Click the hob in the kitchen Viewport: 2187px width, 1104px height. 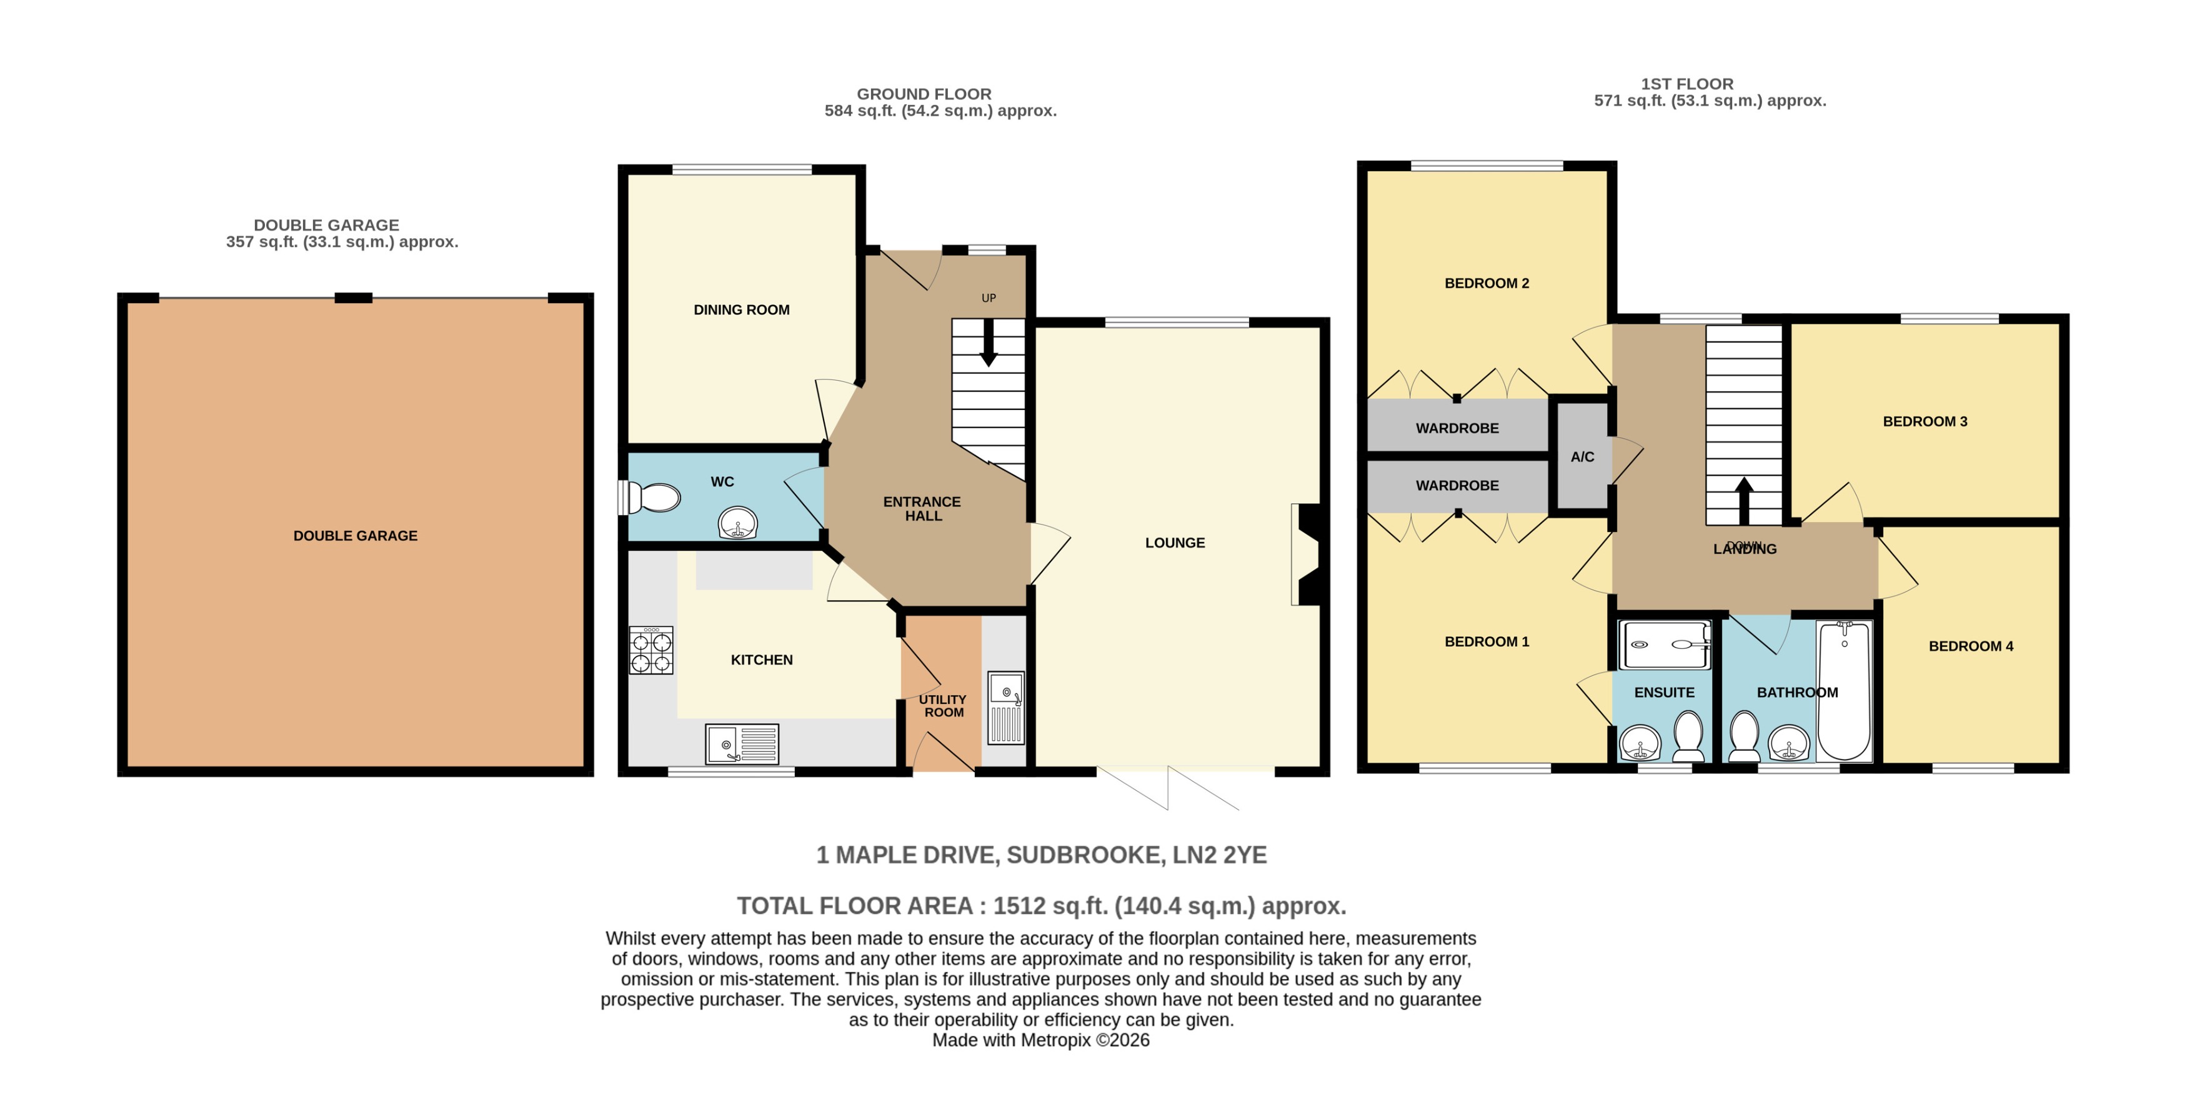[x=650, y=651]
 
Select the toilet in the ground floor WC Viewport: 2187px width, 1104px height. [x=654, y=498]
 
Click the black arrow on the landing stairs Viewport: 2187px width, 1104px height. [x=1744, y=499]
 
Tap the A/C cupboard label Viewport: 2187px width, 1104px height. [x=1582, y=457]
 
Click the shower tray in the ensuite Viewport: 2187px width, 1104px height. [x=1664, y=645]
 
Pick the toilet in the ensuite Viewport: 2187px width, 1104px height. [x=1688, y=735]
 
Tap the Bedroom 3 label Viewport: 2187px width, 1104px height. [x=1924, y=421]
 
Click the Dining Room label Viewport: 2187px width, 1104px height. [x=741, y=310]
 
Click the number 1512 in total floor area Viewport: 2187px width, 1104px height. [x=1019, y=906]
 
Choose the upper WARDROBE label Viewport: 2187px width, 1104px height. [x=1457, y=428]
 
